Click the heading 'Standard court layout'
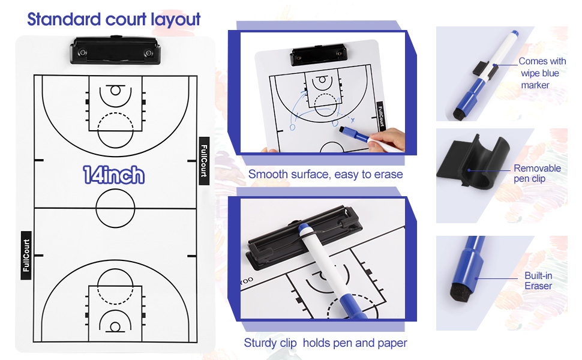[114, 19]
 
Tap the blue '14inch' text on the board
[114, 175]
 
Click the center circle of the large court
[115, 208]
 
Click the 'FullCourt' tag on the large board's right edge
[203, 161]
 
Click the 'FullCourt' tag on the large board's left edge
[26, 255]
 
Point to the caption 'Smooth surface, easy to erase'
[325, 175]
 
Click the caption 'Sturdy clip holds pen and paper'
[325, 343]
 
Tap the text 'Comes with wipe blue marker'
[542, 73]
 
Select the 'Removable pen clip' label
[537, 173]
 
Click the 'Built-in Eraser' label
[538, 281]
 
